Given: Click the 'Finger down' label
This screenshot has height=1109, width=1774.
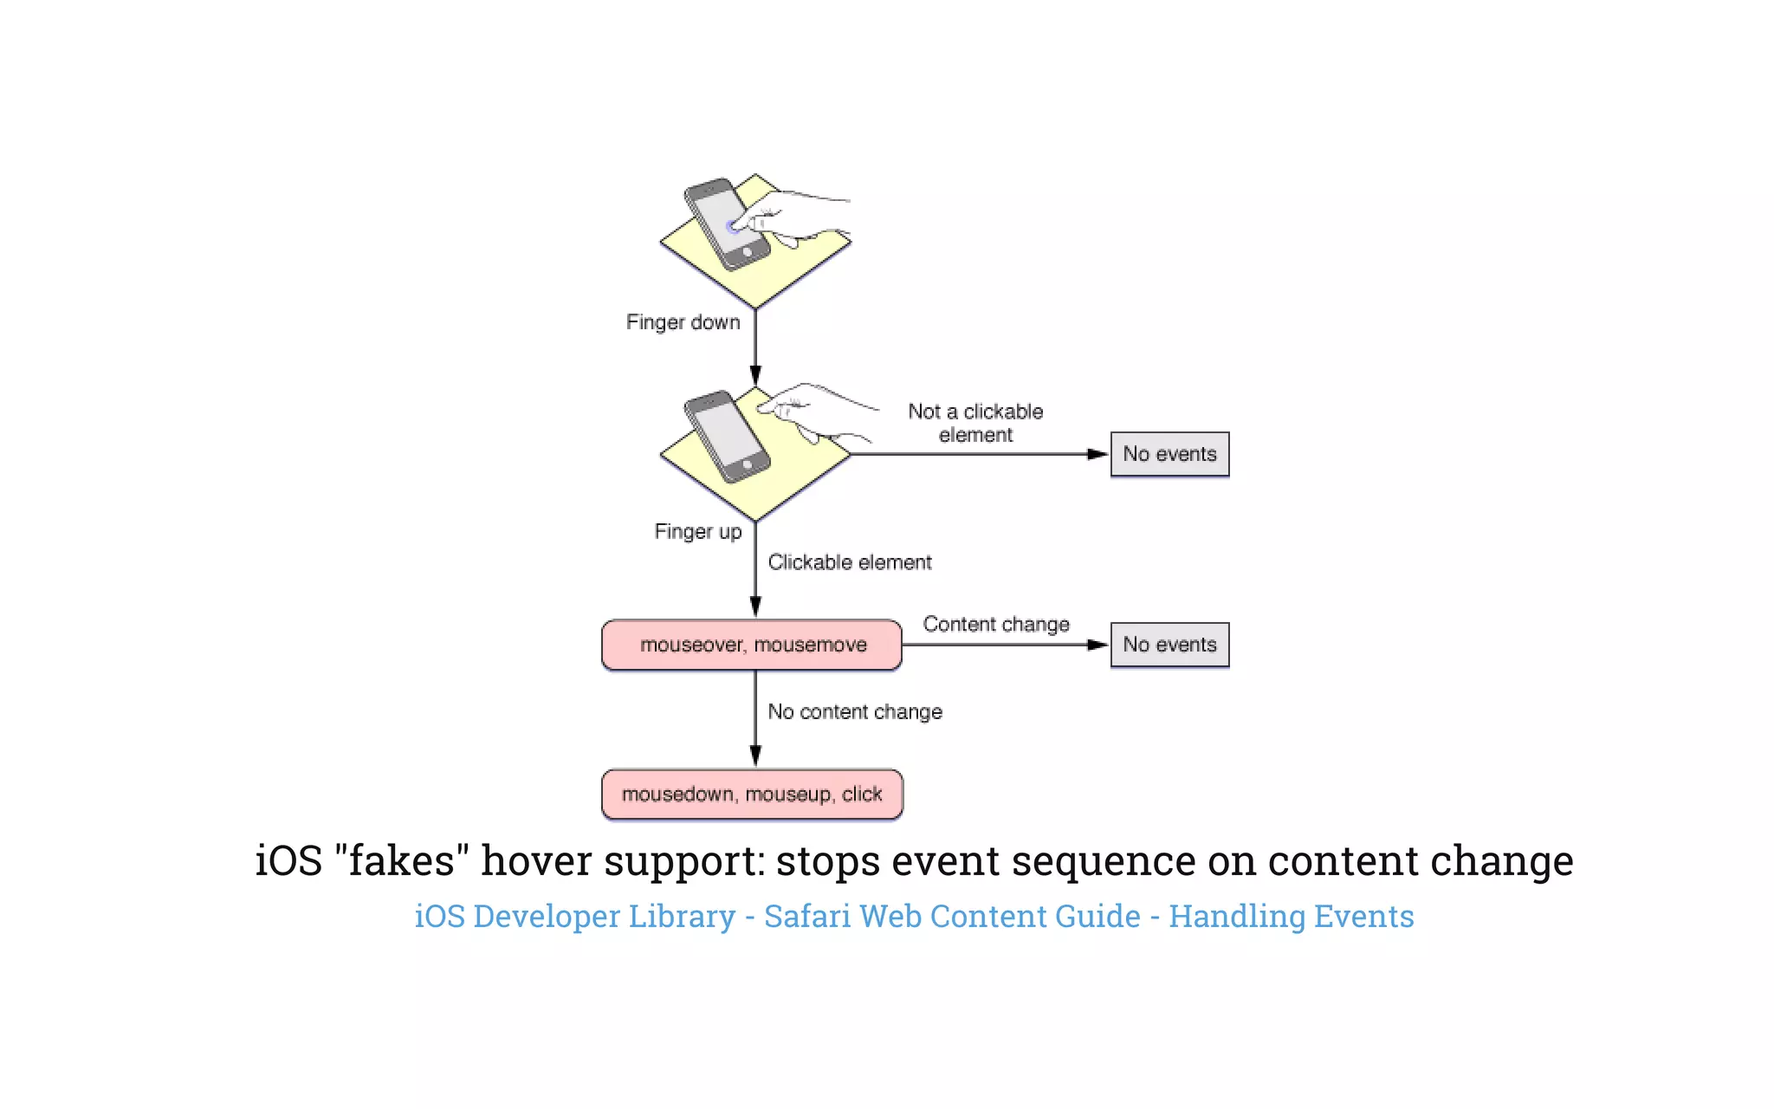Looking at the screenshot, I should point(683,322).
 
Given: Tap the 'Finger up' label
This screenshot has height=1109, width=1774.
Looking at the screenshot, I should point(697,531).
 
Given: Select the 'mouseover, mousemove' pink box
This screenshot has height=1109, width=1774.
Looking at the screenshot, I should point(752,645).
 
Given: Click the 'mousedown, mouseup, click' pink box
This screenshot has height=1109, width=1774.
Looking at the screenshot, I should point(752,794).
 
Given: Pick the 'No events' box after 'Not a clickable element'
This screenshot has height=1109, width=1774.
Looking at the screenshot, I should point(1169,454).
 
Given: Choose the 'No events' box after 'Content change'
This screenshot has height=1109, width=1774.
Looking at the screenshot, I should point(1169,645).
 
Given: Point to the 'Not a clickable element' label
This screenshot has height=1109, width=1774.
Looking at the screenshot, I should point(975,423).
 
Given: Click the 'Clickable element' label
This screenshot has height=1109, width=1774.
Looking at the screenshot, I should point(849,562).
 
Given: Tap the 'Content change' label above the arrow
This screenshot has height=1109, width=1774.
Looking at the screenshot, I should point(996,624).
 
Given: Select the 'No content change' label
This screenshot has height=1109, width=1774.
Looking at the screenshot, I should point(854,711).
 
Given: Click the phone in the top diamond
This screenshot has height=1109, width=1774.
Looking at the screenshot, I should point(726,224).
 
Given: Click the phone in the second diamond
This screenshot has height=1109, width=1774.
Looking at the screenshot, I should point(726,436).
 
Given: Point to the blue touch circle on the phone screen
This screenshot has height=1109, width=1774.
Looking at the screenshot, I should point(733,228).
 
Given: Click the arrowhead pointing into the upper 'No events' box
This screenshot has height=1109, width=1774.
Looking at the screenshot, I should point(1097,454).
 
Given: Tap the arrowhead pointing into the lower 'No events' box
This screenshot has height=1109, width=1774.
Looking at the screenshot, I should point(1097,645).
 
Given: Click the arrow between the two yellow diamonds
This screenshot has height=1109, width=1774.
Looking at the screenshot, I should point(755,347).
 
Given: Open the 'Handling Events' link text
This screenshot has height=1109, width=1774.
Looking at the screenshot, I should point(1291,916).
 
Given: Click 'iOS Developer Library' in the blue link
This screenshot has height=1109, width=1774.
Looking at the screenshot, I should point(574,916).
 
